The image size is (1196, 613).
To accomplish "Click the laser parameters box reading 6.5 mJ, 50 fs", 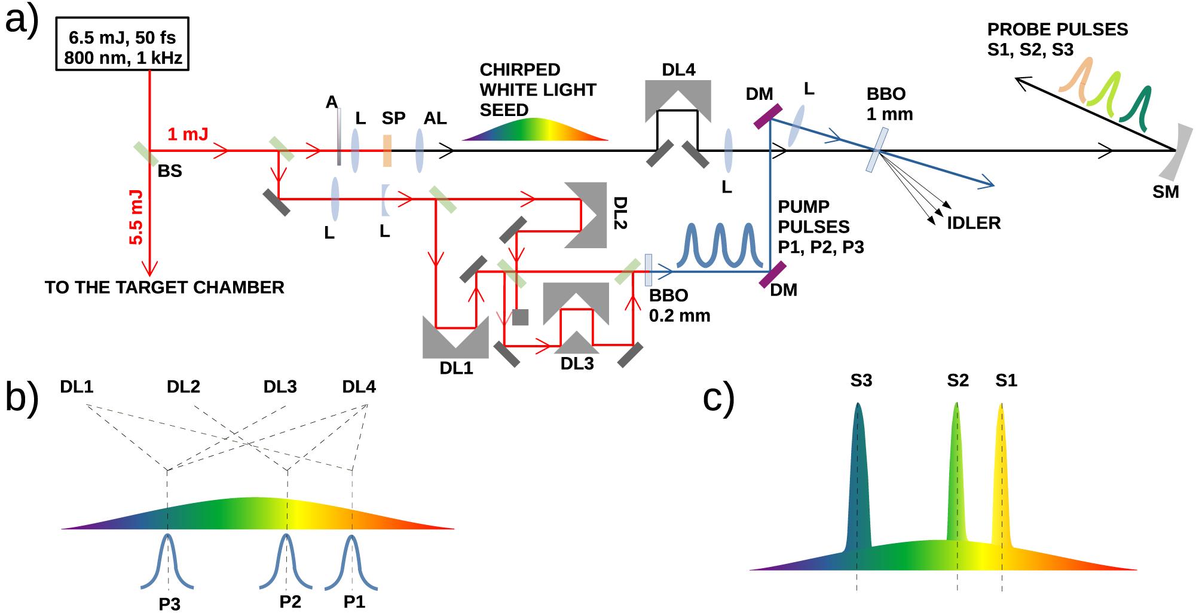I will tap(123, 45).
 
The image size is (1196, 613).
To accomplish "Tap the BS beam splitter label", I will tap(170, 171).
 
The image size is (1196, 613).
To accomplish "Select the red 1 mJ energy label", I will tap(188, 134).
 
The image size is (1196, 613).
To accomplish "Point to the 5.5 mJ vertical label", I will tap(136, 217).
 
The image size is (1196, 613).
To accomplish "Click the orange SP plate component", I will tap(387, 151).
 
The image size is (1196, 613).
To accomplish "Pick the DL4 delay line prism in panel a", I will tap(678, 99).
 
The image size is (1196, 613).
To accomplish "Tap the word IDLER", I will tap(974, 223).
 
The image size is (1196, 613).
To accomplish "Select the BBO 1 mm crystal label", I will tap(889, 104).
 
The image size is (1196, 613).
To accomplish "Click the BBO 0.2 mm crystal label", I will tap(679, 305).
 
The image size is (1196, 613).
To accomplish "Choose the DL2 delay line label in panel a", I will tap(620, 213).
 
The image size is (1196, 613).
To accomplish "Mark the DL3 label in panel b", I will tap(280, 387).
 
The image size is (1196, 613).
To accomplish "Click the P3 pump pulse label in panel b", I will tap(170, 604).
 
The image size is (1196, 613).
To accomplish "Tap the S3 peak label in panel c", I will tap(861, 380).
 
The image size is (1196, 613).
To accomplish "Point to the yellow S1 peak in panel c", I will tap(1002, 478).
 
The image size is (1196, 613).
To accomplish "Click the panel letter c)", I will tap(718, 398).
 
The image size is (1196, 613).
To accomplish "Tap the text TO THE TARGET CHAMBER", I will tap(164, 288).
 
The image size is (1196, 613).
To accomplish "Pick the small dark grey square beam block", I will tap(520, 317).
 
